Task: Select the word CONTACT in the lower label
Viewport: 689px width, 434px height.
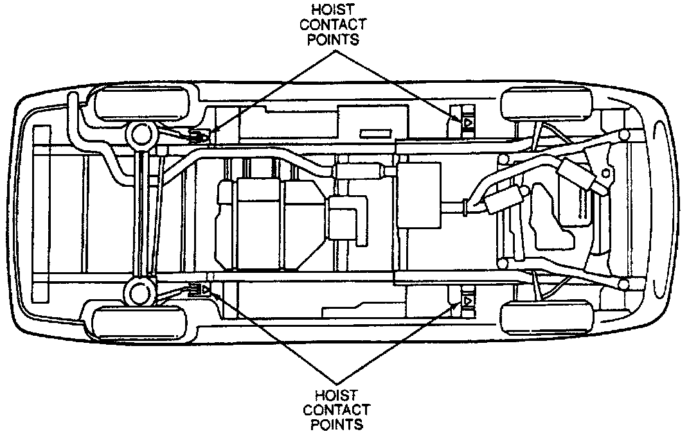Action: coord(336,410)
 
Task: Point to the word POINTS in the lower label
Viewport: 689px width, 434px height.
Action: coord(336,424)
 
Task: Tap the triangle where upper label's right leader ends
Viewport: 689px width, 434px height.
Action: coord(468,120)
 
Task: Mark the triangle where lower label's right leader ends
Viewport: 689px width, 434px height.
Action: coord(468,300)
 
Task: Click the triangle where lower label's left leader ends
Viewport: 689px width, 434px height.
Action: coord(205,290)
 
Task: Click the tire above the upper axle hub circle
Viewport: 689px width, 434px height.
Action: coord(143,103)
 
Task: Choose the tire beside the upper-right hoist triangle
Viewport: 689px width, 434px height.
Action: coord(546,104)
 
